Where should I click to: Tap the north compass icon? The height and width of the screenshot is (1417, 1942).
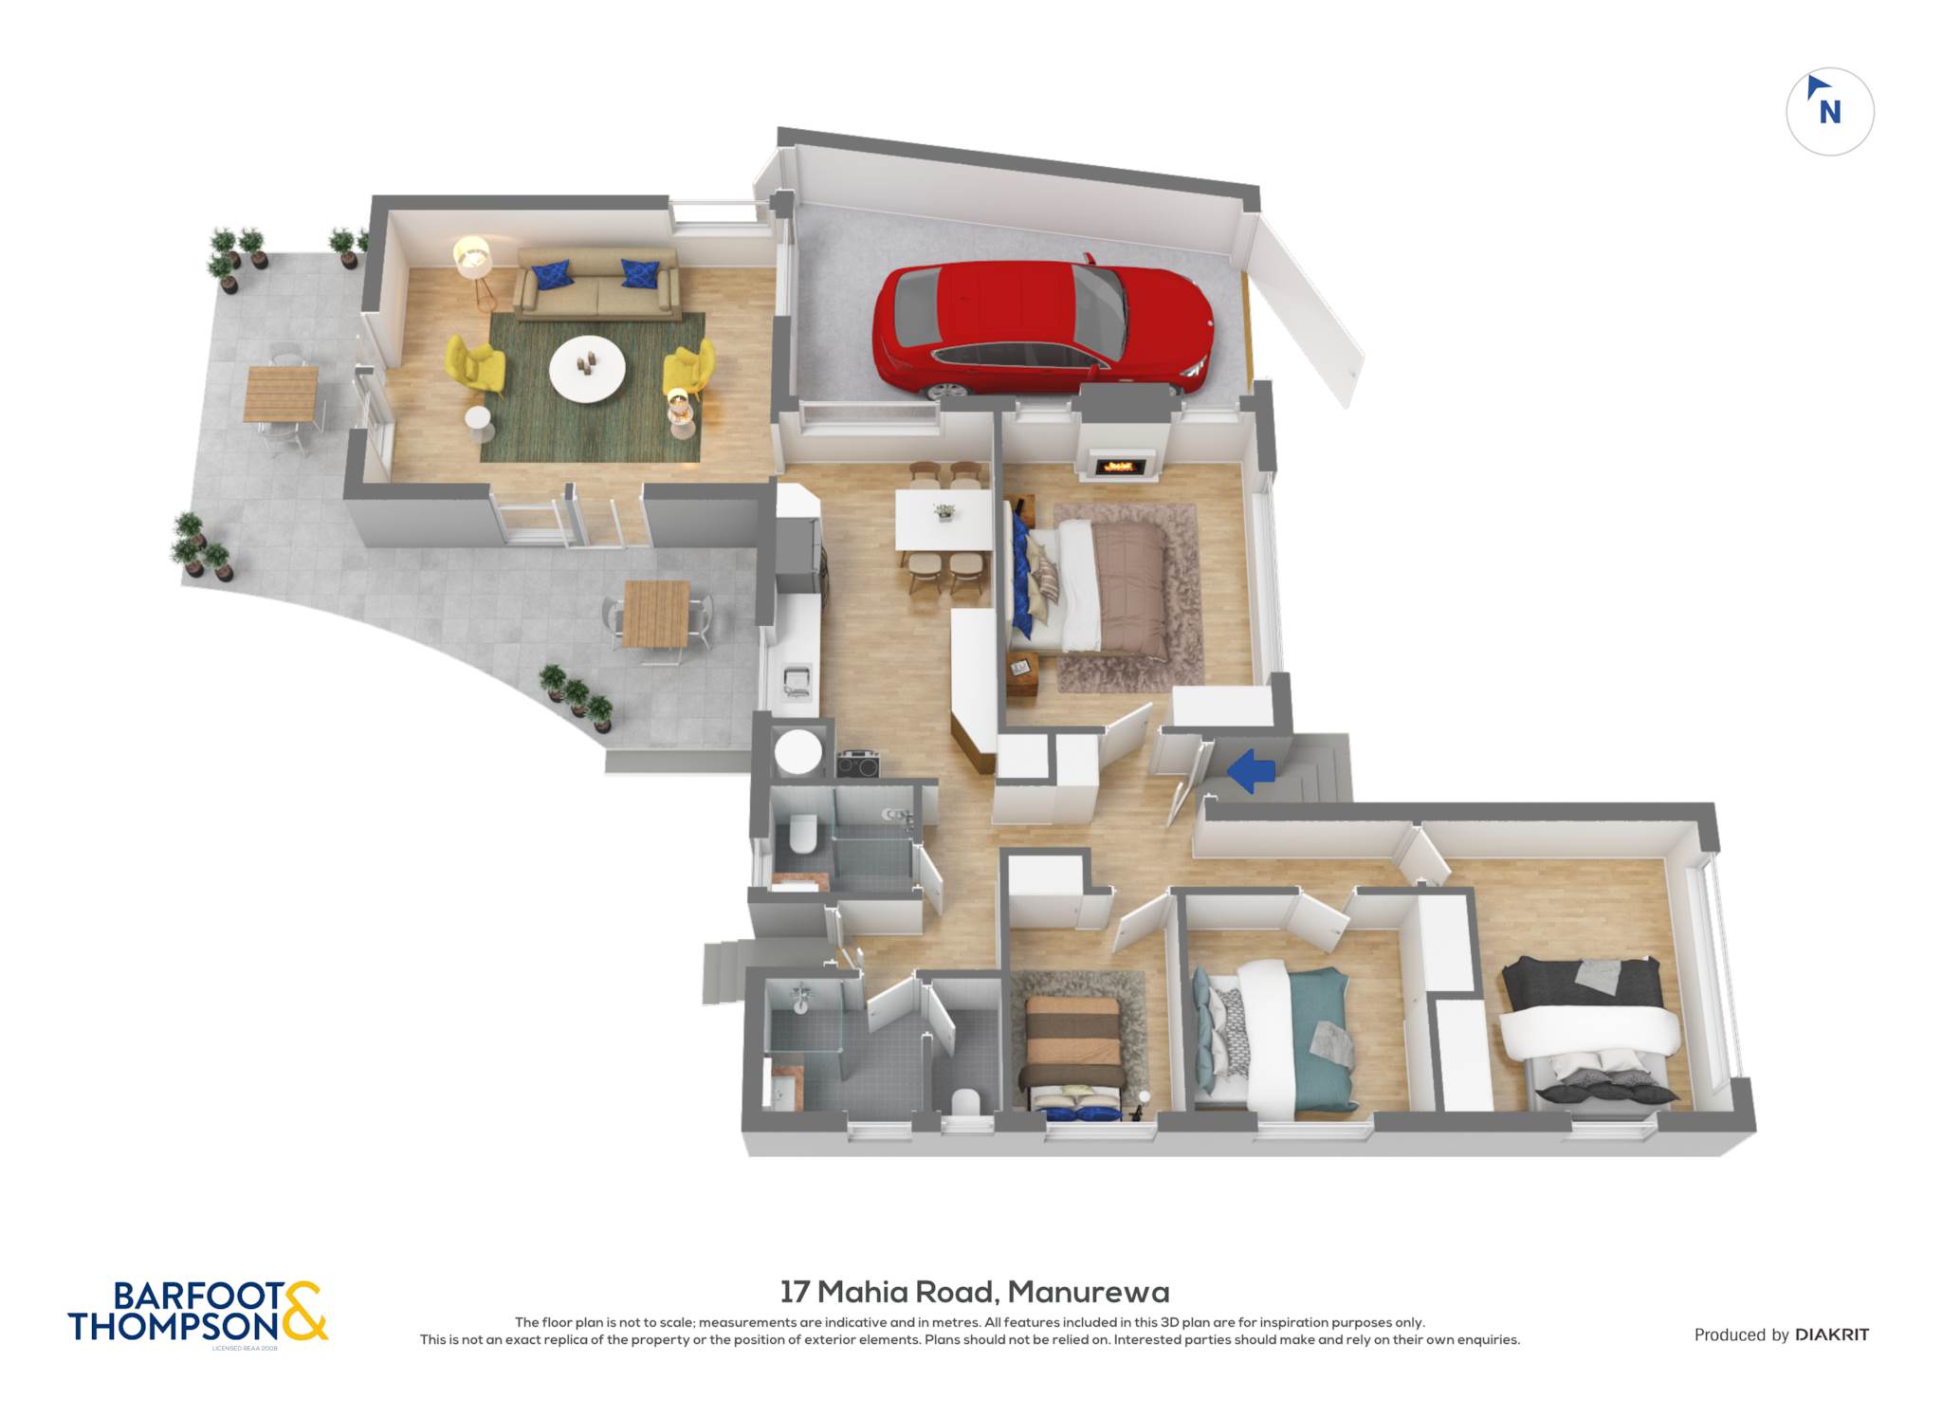pyautogui.click(x=1829, y=111)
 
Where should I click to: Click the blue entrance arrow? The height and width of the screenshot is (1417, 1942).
pyautogui.click(x=1252, y=770)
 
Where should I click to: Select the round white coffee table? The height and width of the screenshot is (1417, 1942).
pyautogui.click(x=587, y=369)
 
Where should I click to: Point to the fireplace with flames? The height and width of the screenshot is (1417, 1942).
pyautogui.click(x=1120, y=466)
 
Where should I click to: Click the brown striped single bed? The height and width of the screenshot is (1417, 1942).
pyautogui.click(x=1075, y=1055)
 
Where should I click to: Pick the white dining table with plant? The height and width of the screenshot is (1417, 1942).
pyautogui.click(x=943, y=520)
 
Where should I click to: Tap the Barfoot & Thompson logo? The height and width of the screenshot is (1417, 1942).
pyautogui.click(x=197, y=1313)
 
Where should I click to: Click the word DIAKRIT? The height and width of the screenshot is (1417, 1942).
pyautogui.click(x=1831, y=1334)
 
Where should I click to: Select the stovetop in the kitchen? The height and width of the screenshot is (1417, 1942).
pyautogui.click(x=857, y=764)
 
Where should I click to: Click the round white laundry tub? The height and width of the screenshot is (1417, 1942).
pyautogui.click(x=798, y=752)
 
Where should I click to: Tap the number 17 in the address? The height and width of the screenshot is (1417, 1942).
pyautogui.click(x=795, y=1292)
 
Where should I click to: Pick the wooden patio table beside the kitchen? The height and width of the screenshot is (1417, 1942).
pyautogui.click(x=656, y=614)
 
